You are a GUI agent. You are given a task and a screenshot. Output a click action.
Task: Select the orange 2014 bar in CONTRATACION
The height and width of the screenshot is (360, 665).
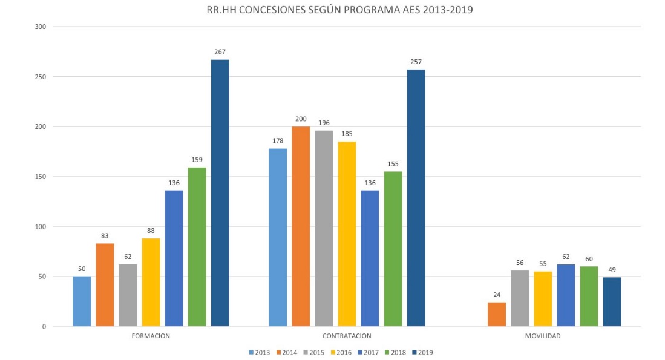[x=301, y=226]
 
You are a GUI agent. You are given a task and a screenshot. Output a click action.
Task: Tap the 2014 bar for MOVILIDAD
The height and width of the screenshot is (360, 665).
[x=497, y=314]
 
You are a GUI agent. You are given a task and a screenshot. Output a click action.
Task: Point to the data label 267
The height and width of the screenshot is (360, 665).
[x=220, y=52]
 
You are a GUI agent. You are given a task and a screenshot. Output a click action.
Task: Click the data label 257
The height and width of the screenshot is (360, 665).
[x=416, y=62]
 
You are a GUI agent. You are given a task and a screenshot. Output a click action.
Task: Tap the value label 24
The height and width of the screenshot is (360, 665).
[x=497, y=295]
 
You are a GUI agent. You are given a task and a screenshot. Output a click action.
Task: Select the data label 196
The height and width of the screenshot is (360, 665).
[x=324, y=123]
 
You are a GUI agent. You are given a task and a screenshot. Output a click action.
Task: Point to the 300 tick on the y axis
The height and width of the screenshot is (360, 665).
[x=41, y=27]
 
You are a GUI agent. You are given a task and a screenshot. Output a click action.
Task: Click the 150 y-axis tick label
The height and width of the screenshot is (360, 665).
[x=41, y=177]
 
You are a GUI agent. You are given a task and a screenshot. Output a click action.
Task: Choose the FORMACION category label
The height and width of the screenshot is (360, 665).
[x=151, y=336]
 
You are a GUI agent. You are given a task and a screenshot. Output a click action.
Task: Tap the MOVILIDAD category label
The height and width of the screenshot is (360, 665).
[x=543, y=336]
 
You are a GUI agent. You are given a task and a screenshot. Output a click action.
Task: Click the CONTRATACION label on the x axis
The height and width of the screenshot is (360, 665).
[x=347, y=336]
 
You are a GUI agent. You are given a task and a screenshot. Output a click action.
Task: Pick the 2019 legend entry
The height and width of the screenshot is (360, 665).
[x=421, y=352]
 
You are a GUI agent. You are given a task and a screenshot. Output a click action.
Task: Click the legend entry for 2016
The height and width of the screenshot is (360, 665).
[x=342, y=352]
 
